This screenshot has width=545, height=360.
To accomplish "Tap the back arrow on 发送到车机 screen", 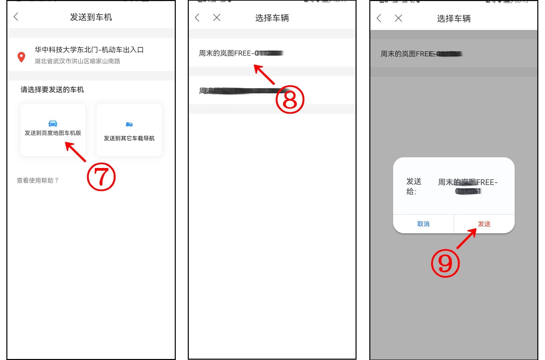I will pos(16,17).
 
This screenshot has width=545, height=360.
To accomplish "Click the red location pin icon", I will pos(21,57).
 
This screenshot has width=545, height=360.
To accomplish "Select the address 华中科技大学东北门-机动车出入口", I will pos(89,50).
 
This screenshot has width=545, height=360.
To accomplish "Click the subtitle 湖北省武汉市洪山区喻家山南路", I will pos(77,61).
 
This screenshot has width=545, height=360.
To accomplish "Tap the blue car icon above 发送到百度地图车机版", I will pos(53,124).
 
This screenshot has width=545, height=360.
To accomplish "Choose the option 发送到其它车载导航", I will pos(129,138).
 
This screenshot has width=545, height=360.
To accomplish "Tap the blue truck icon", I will pos(129,124).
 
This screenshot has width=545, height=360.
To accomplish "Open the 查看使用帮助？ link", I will pos(38,180).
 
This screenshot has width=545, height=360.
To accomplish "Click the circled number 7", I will pos(101,177).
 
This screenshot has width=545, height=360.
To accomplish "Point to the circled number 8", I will pos(290,99).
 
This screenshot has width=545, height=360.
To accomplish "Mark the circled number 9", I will pos(445,263).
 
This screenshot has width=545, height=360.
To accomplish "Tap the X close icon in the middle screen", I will pos(217,18).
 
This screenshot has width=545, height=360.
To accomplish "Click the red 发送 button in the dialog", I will pos(484,224).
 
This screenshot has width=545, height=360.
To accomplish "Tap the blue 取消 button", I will pos(423,224).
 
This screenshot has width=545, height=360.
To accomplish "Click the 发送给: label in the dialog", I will pos(414,186).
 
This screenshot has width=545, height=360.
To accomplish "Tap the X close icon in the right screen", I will pos(398,18).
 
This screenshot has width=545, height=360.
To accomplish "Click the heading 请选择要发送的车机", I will pos(52,90).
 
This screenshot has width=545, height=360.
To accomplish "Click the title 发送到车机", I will pos(91,17).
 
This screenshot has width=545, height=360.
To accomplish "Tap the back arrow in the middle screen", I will pos(197,18).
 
